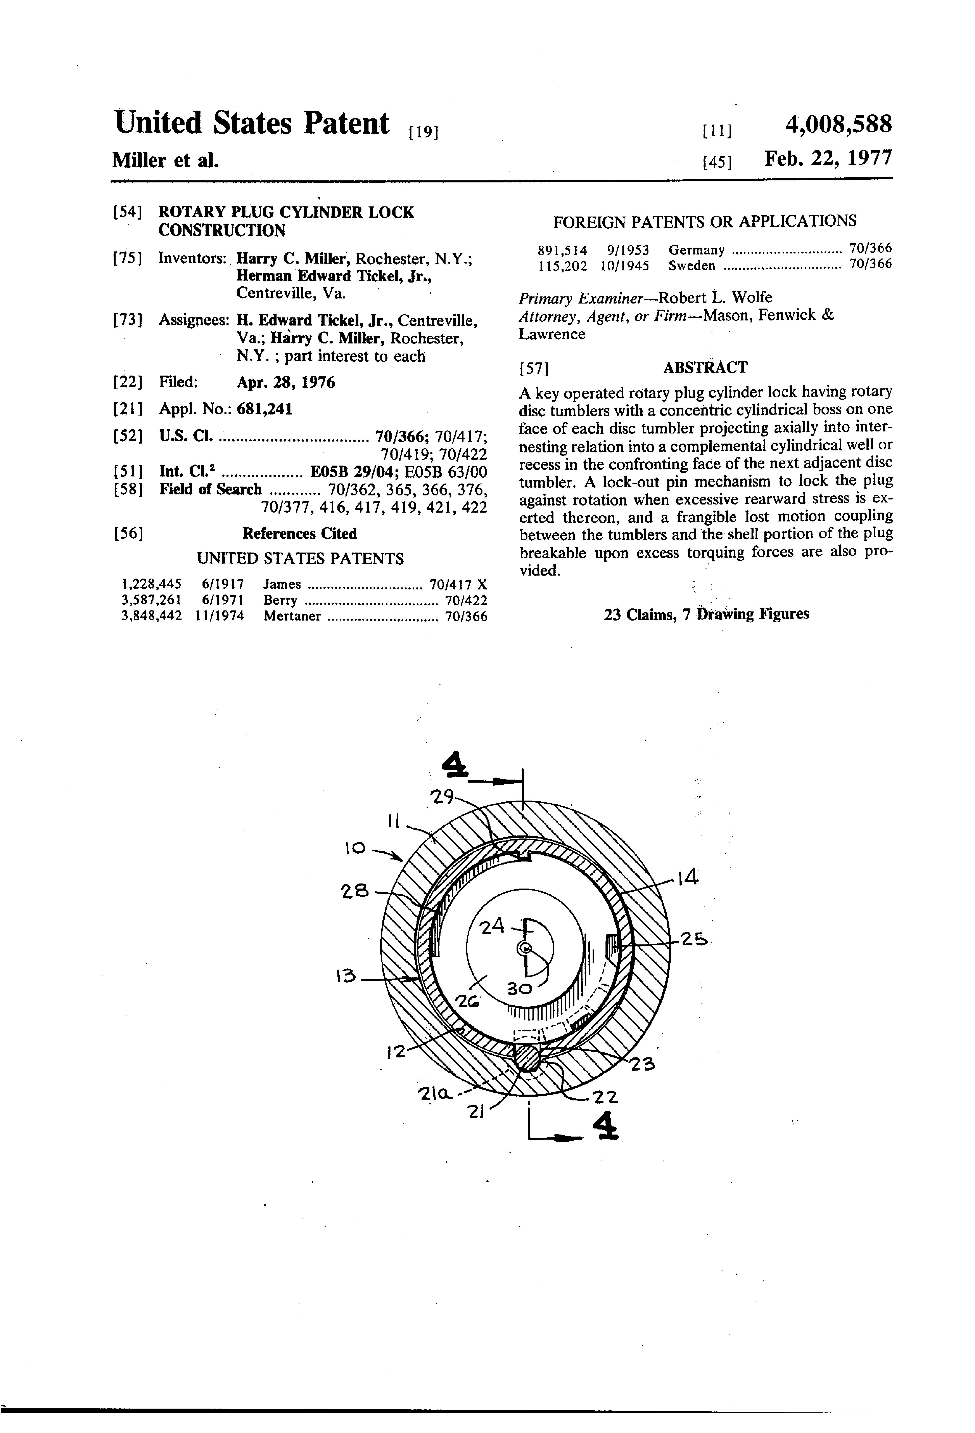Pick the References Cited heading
tap(300, 533)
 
